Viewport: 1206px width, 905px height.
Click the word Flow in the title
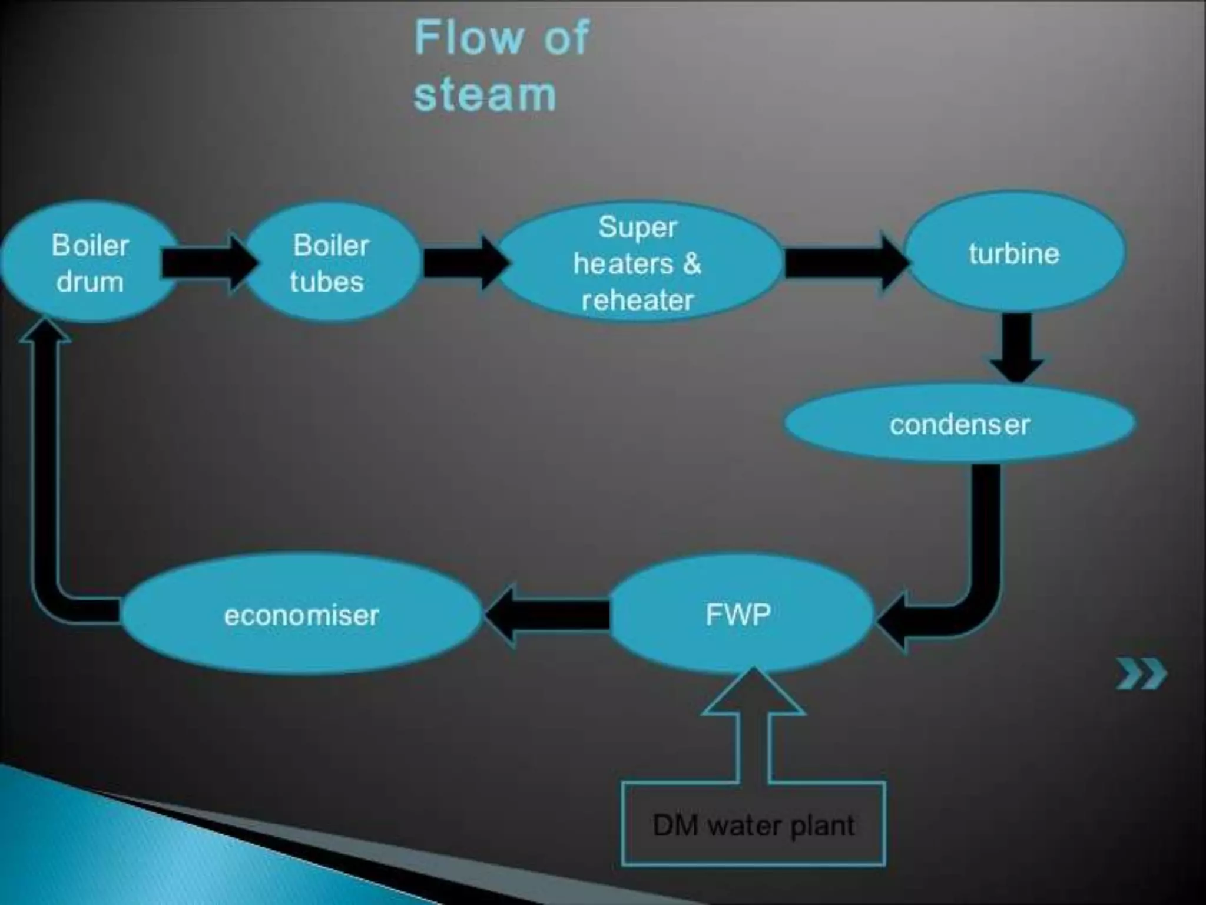click(469, 38)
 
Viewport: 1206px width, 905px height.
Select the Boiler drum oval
click(90, 263)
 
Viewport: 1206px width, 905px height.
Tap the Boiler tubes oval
click(331, 263)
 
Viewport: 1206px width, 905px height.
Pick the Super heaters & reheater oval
click(638, 263)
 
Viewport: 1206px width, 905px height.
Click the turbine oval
click(1014, 253)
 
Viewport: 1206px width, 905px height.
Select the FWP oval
click(738, 615)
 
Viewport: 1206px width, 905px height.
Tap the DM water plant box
click(753, 825)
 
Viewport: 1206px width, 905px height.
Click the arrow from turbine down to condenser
click(1017, 348)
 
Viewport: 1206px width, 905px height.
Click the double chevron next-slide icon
click(1141, 675)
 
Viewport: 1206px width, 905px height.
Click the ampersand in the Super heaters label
click(693, 264)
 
